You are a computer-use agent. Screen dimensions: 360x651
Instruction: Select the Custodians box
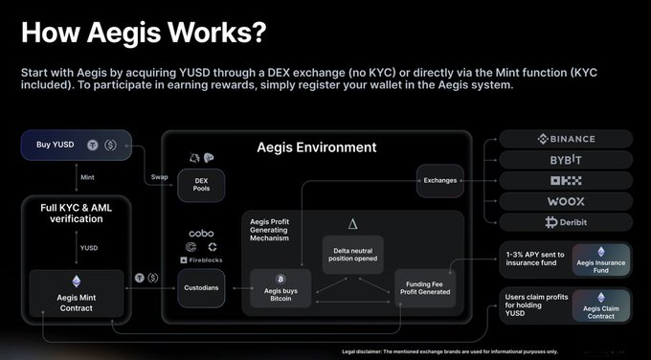pos(201,286)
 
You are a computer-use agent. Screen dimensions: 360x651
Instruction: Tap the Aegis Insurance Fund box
pos(600,263)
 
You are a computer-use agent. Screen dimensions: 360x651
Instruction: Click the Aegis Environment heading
pos(316,147)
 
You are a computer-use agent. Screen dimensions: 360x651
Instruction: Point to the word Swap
pos(159,178)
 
